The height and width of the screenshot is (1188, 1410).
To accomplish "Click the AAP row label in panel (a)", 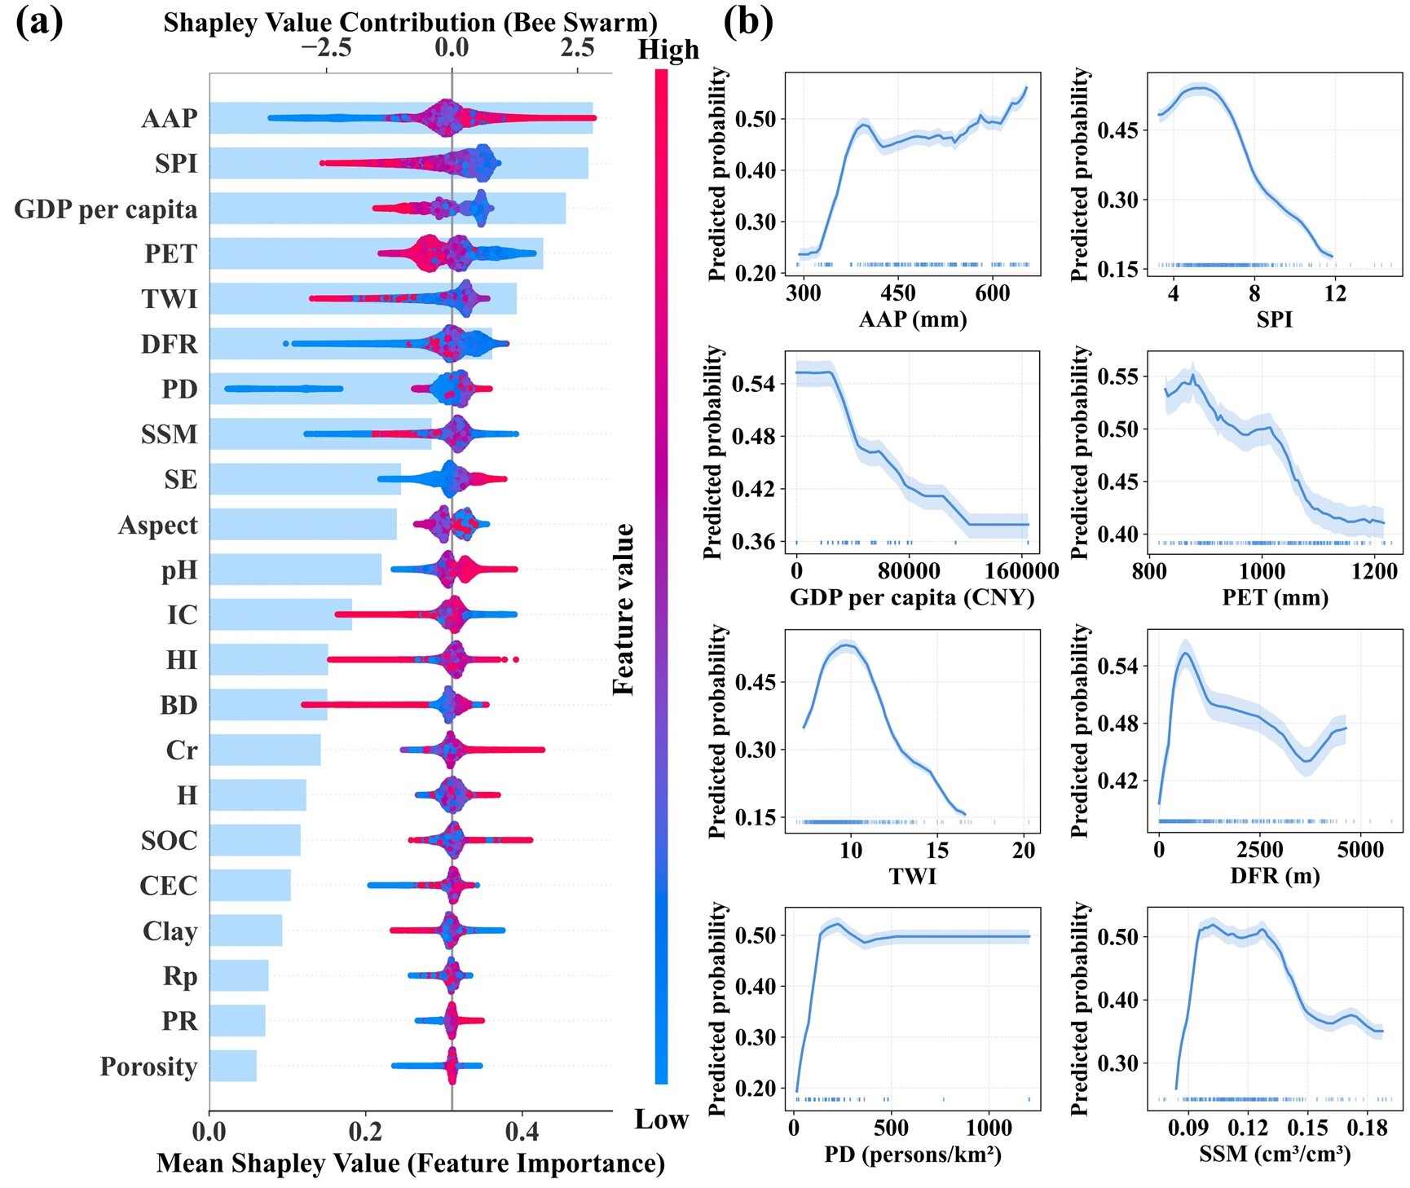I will (x=170, y=119).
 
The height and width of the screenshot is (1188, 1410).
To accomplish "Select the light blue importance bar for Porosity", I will (x=233, y=1066).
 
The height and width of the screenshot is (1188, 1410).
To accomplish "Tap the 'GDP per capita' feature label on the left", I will (x=106, y=209).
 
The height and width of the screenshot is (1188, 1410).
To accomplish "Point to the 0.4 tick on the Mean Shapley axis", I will (x=522, y=1131).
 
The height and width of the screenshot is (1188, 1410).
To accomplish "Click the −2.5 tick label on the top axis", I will (x=326, y=48).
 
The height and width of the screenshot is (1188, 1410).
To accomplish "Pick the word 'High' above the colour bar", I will (x=668, y=51).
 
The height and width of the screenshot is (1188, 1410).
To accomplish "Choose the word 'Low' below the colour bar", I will (x=662, y=1120).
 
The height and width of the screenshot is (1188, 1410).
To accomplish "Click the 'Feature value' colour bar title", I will (x=624, y=609).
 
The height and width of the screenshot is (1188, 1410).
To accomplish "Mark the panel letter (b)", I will (x=747, y=23).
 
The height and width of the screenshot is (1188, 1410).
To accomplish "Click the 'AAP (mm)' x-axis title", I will (x=913, y=319).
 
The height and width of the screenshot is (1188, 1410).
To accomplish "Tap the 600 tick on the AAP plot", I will (x=992, y=293).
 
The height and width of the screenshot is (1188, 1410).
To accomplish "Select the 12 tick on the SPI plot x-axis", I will (x=1335, y=293).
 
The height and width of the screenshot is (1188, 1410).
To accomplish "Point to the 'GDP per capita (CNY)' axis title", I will (x=912, y=598).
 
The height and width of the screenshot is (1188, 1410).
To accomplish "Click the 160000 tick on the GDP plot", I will (x=1022, y=571).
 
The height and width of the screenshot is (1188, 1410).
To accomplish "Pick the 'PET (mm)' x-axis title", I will (x=1275, y=598).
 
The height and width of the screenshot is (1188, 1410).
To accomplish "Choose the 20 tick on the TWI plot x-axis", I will (x=1024, y=851).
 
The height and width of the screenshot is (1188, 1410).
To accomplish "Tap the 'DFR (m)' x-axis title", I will (x=1275, y=877).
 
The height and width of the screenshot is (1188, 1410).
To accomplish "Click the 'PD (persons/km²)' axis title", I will (x=913, y=1155).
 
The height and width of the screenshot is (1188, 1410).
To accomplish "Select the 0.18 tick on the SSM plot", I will (x=1367, y=1129).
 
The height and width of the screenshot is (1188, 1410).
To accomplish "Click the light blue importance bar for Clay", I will (x=245, y=931).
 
